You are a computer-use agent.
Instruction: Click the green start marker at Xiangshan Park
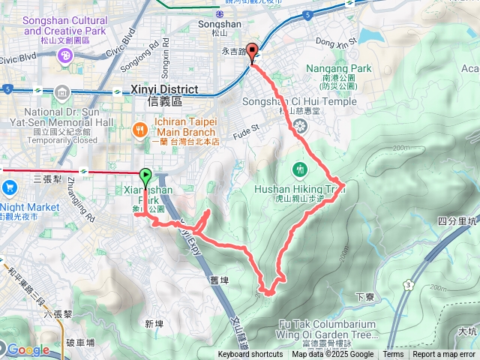pos(145,176)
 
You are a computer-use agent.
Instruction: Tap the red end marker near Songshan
pos(252,51)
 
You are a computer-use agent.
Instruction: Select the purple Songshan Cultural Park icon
pos(66,55)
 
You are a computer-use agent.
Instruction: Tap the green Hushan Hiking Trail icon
pos(300,168)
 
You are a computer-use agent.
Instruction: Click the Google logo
pos(28,349)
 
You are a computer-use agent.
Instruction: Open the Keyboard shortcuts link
pos(251,355)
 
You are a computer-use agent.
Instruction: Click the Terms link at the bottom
pos(393,355)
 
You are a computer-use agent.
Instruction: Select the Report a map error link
pos(444,355)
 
